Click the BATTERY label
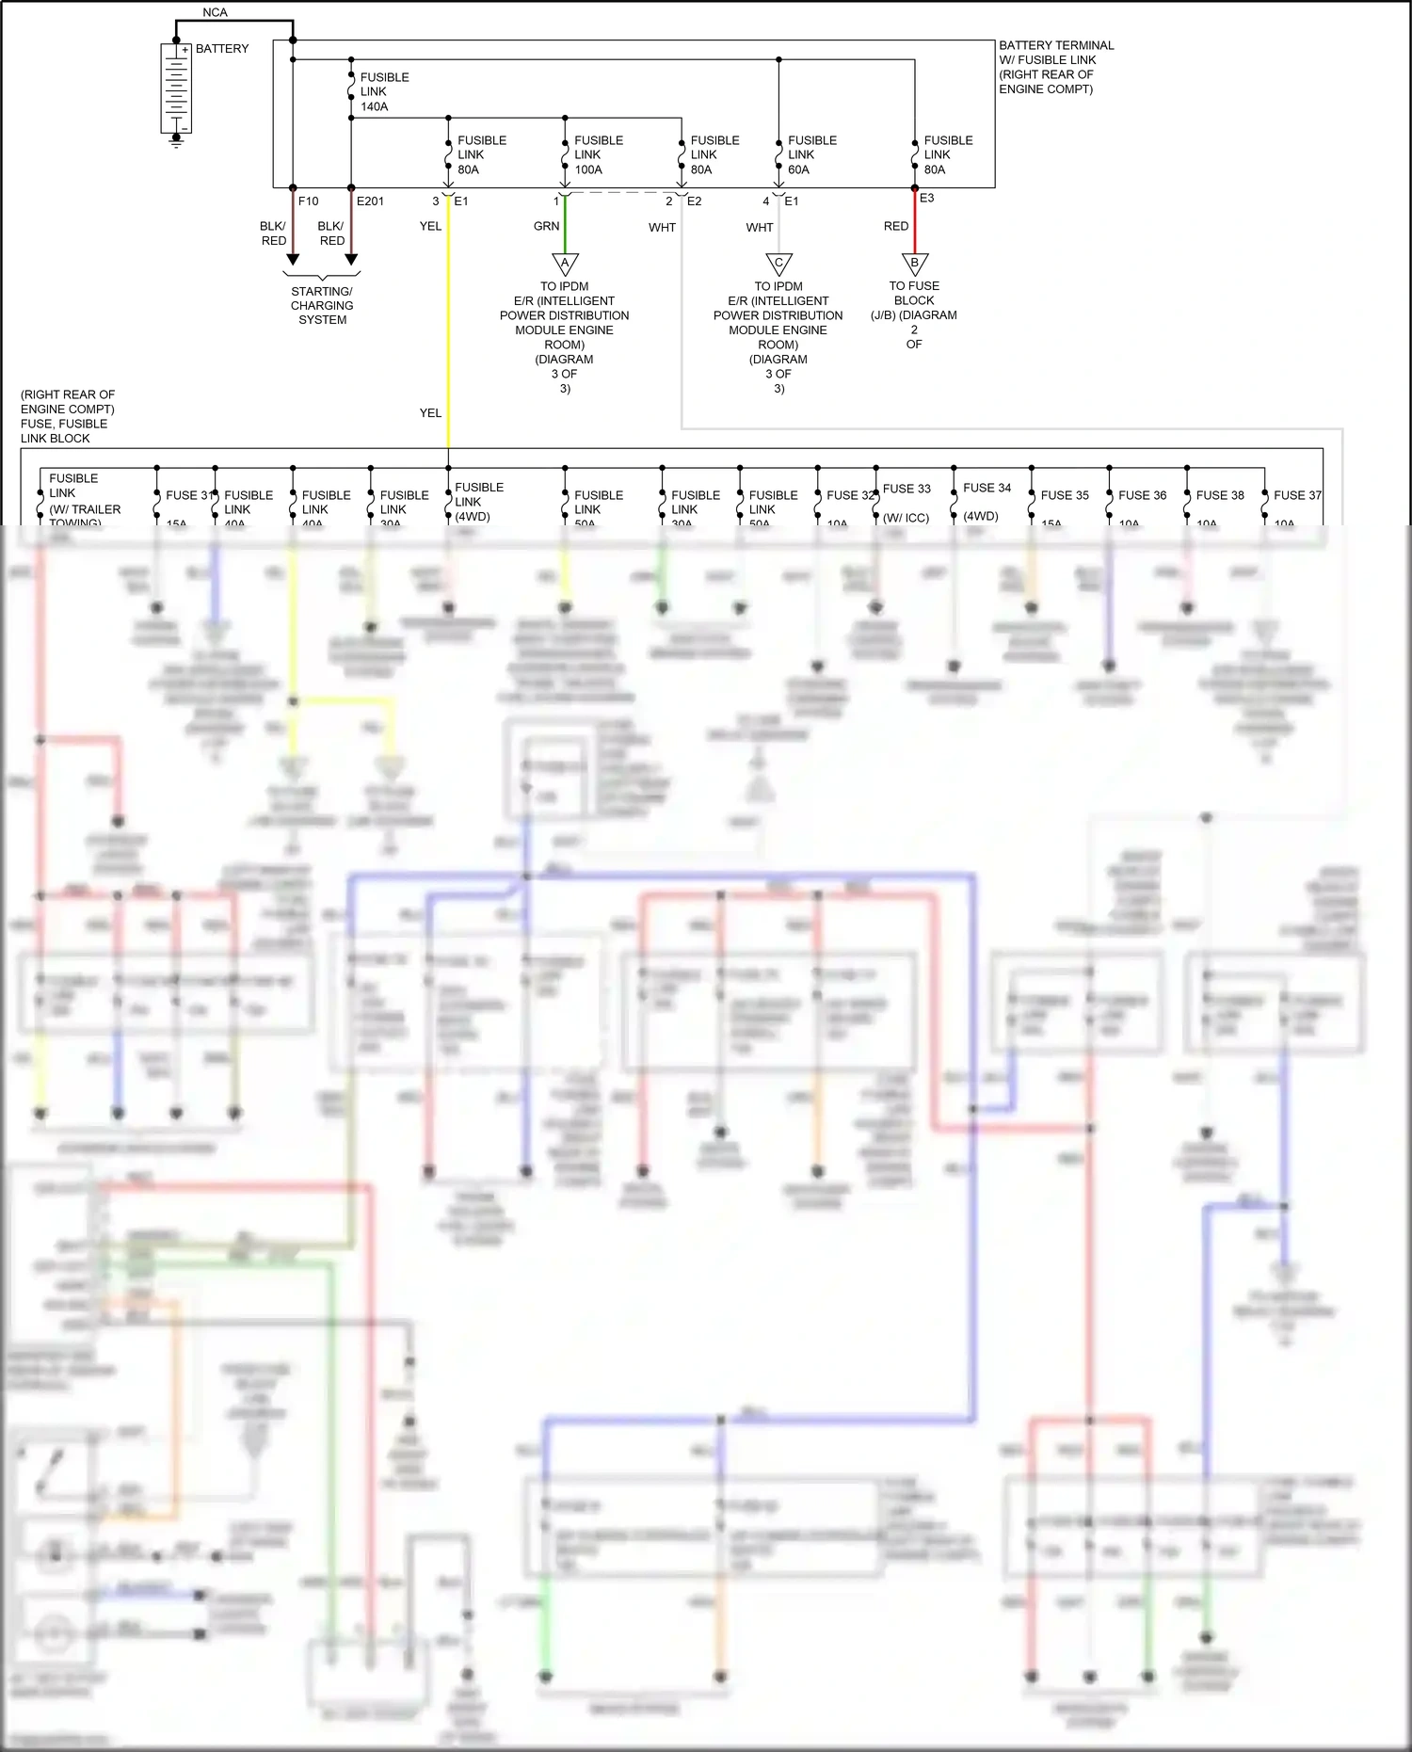pos(222,49)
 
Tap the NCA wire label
pos(215,12)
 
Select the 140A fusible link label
pos(384,92)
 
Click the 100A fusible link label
pos(598,155)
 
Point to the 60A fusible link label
pos(811,155)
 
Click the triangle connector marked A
pos(565,264)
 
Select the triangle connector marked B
pos(914,264)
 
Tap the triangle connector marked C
pos(778,264)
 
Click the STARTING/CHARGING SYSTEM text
pos(322,306)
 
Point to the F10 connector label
pos(308,201)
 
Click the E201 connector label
pos(370,201)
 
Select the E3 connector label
pos(927,199)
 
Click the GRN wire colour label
pos(546,227)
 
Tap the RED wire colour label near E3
pos(895,227)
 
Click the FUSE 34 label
pos(987,489)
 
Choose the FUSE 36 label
pos(1142,495)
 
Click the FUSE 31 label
pos(189,495)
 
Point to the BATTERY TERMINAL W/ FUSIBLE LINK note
pos(1055,67)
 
